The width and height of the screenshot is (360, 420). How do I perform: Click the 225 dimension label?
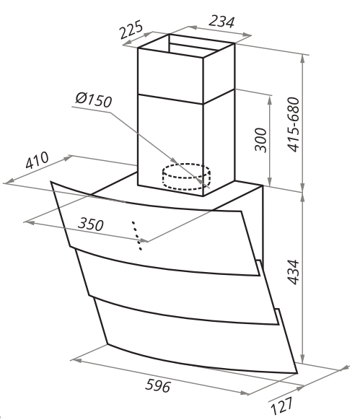[x=131, y=30]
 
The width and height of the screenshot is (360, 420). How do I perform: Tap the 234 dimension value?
[x=221, y=22]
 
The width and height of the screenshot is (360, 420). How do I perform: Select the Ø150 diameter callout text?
[x=93, y=100]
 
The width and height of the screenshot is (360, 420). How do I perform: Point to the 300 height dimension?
[x=260, y=140]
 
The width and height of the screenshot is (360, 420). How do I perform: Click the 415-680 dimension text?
[x=293, y=125]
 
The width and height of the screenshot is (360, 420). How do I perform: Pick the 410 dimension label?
[x=37, y=160]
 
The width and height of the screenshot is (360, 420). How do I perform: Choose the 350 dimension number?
[x=90, y=224]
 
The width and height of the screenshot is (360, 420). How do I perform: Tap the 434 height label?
[x=293, y=271]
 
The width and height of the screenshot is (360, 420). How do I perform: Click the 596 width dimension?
[x=158, y=386]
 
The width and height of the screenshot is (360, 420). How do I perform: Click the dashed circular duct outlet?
[x=186, y=177]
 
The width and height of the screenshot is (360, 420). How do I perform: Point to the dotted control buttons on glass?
[x=137, y=235]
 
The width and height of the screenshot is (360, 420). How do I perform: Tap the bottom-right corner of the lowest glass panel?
[x=297, y=373]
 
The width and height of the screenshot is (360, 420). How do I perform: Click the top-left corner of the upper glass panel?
[x=51, y=182]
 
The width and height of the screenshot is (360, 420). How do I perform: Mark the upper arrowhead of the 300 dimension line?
[x=270, y=97]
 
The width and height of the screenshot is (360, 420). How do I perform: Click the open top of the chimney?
[x=186, y=45]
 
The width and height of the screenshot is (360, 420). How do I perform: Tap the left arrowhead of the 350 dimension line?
[x=30, y=222]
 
